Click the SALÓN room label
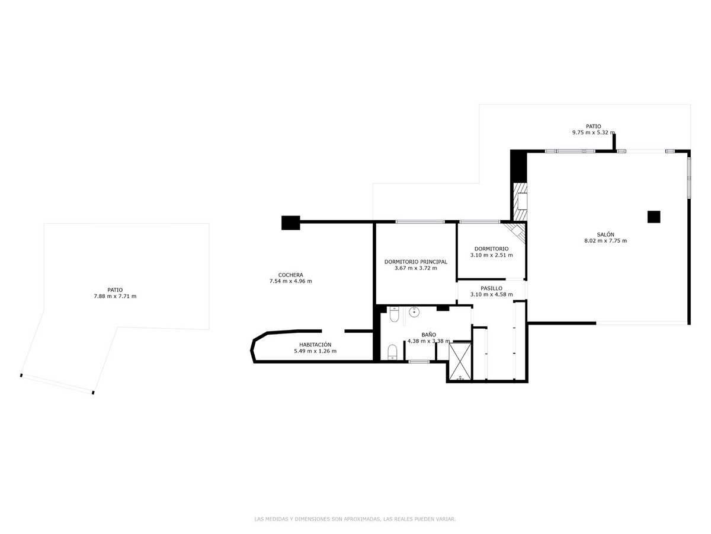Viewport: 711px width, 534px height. (x=605, y=234)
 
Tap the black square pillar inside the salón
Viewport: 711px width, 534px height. (x=654, y=217)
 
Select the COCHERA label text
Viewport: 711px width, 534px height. (x=290, y=275)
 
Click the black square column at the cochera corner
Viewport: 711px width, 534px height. (x=290, y=223)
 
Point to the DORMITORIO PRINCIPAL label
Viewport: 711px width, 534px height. (x=415, y=261)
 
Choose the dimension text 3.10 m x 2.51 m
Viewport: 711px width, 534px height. (x=491, y=255)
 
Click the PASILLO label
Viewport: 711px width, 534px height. (x=491, y=288)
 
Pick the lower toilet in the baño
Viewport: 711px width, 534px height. (x=392, y=353)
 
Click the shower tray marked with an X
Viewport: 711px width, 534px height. (x=459, y=360)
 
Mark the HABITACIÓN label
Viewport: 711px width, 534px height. (x=315, y=345)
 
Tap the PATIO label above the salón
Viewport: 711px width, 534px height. (x=593, y=126)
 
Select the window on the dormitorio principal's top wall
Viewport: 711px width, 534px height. (x=420, y=222)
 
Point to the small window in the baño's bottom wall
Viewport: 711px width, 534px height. (x=419, y=361)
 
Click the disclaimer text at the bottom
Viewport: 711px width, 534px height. (x=355, y=519)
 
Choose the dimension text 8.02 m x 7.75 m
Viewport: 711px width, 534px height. (x=605, y=241)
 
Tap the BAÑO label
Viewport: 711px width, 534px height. (x=428, y=335)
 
